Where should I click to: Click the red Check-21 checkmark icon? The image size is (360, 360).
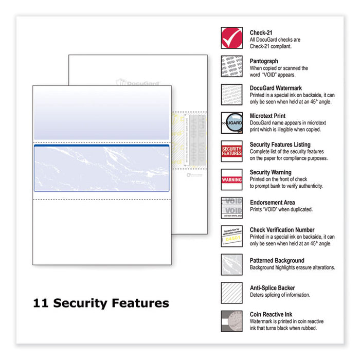coord(231,38)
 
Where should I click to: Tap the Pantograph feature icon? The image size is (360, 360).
coord(231,66)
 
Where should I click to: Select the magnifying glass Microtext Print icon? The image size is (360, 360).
coord(231,122)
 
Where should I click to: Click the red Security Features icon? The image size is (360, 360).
coord(231,151)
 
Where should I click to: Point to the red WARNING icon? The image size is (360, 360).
coord(231,179)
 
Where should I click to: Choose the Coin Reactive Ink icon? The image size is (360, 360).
coord(231,321)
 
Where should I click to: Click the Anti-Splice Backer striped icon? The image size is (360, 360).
coord(231,293)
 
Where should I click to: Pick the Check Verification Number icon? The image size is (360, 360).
coord(231,236)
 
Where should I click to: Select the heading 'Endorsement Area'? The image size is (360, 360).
coord(273,202)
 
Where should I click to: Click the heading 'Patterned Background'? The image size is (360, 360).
coord(277,261)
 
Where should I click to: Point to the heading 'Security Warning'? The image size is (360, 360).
coord(271,173)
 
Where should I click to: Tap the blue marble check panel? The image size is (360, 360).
coord(101,168)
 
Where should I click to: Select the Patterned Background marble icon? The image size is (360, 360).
coord(231,264)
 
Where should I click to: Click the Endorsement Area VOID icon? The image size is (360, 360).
coord(231,208)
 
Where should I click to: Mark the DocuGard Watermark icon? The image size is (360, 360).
coord(231,95)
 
